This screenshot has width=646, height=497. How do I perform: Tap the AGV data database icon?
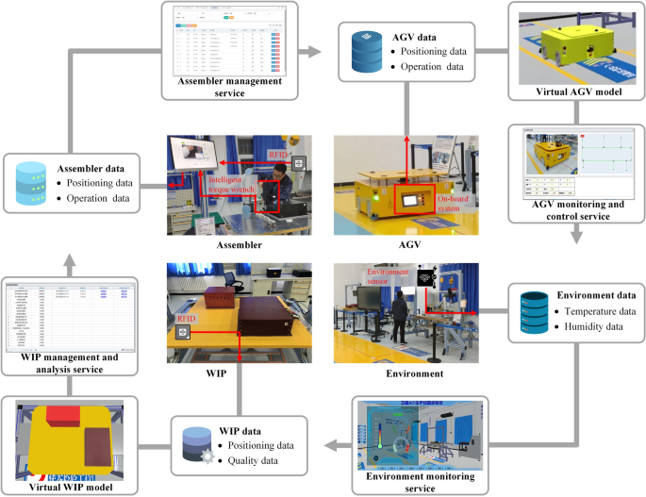360,53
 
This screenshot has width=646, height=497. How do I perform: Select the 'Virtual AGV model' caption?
572,91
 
